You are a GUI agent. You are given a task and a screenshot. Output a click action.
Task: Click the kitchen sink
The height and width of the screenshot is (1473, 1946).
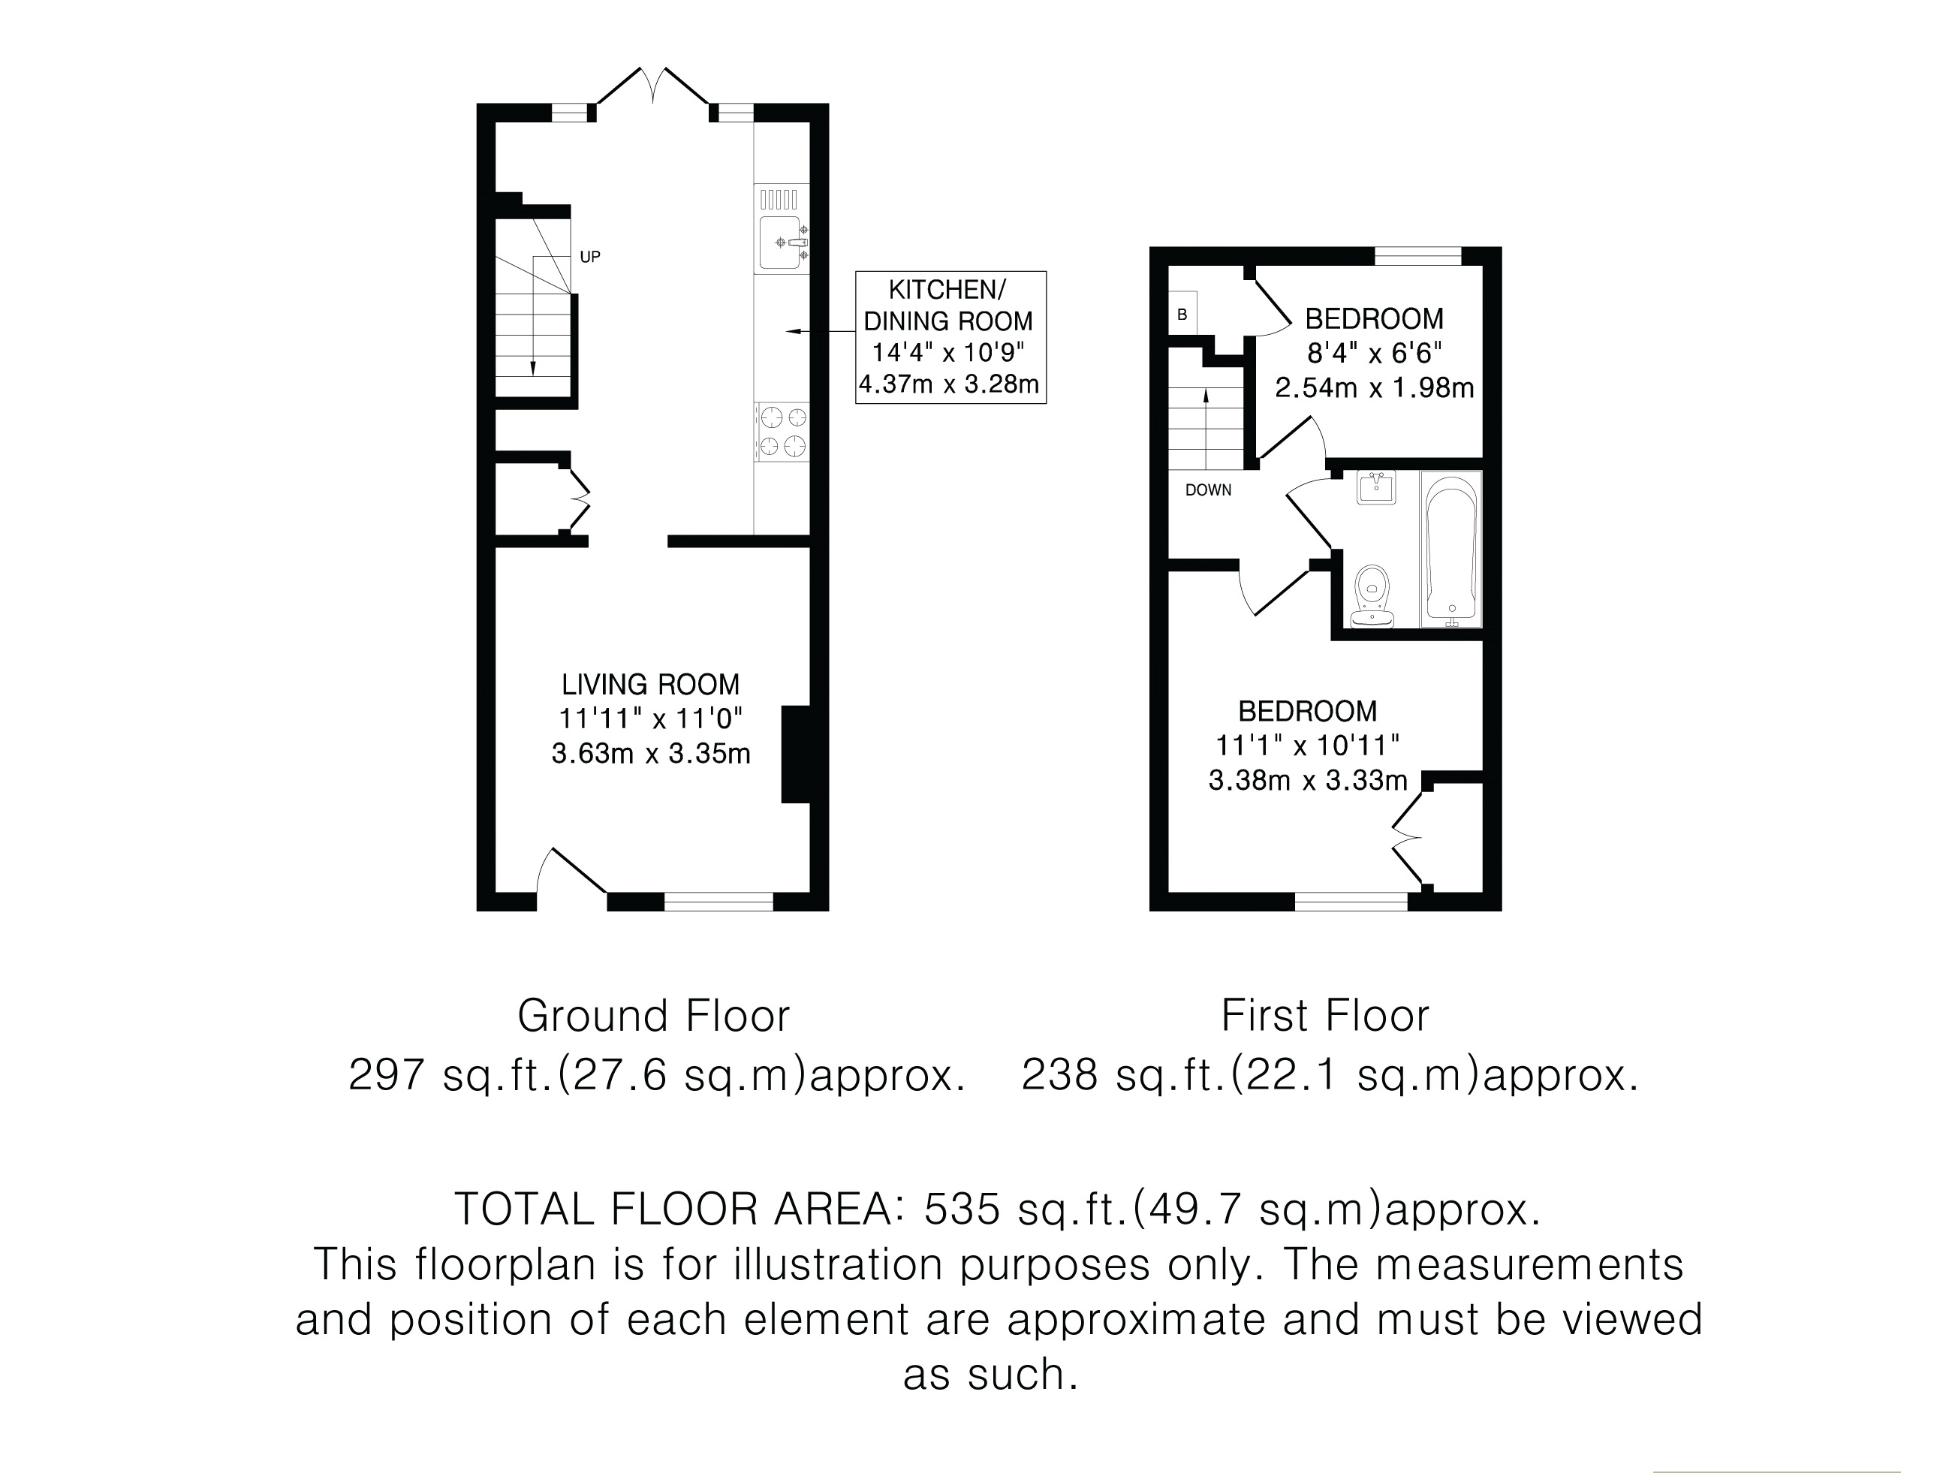pos(782,242)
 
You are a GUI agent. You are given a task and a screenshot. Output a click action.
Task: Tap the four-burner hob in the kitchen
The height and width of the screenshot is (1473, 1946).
pos(783,432)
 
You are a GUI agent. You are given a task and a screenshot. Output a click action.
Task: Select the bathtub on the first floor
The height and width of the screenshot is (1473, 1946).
pos(1450,549)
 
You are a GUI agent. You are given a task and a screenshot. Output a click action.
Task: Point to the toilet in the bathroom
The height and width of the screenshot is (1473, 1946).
pos(1372,597)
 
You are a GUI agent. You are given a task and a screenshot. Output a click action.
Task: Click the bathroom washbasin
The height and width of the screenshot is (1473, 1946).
pos(1376,487)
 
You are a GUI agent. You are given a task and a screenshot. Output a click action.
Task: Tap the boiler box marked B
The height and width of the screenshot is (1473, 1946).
pos(1182,314)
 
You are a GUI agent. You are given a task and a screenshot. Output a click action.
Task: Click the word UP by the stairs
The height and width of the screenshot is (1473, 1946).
pos(590,257)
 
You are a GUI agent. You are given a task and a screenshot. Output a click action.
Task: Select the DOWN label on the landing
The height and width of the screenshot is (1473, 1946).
pos(1208,490)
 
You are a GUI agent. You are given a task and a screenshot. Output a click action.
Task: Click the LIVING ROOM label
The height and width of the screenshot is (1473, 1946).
pos(651,684)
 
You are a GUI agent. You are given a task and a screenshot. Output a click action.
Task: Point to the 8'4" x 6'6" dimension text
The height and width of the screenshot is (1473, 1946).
pos(1374,353)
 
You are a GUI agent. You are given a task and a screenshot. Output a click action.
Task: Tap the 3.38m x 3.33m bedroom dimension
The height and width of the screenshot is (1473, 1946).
pos(1308,781)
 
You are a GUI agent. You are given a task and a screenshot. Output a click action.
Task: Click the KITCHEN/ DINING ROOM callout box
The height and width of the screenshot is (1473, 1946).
pos(951,337)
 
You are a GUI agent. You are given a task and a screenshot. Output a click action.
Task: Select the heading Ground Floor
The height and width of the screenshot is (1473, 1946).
pos(654,1016)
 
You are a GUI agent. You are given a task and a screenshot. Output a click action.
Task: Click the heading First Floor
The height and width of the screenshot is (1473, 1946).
pos(1325,1016)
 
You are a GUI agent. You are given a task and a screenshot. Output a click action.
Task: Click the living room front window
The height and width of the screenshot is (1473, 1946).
pos(718,901)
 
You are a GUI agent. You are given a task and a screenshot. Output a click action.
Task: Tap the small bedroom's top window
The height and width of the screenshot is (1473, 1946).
pos(1418,256)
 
